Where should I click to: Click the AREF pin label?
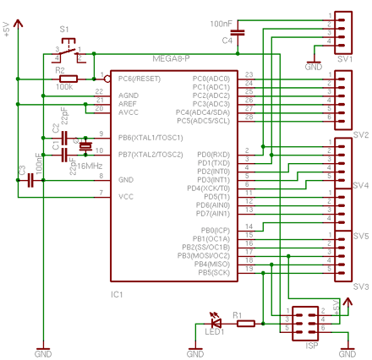tap(128, 102)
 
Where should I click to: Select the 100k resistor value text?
tap(64, 87)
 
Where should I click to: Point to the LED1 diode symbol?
tap(216, 321)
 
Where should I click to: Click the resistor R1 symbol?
tap(246, 322)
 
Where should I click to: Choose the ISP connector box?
tap(304, 323)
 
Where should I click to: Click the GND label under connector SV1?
tap(314, 66)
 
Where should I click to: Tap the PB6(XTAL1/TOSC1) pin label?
tap(150, 137)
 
